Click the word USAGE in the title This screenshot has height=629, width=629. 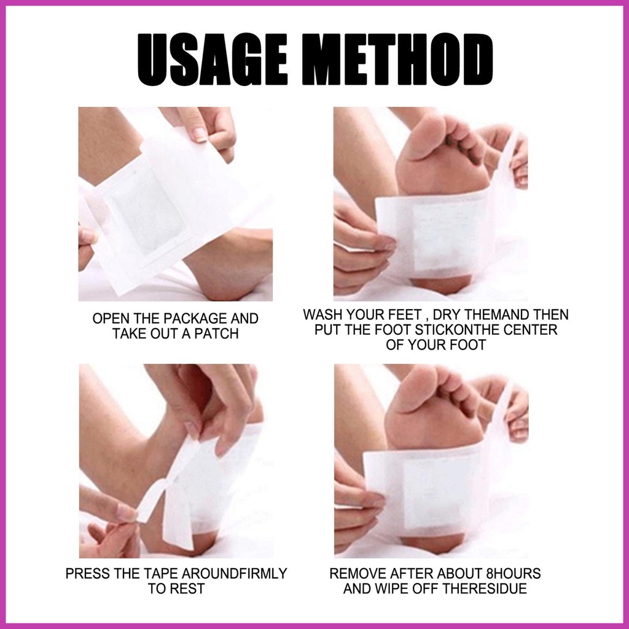pyautogui.click(x=212, y=60)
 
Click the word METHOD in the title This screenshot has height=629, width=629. pyautogui.click(x=397, y=60)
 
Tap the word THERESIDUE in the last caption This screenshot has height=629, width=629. pyautogui.click(x=485, y=589)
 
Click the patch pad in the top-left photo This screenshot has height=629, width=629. pyautogui.click(x=147, y=211)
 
